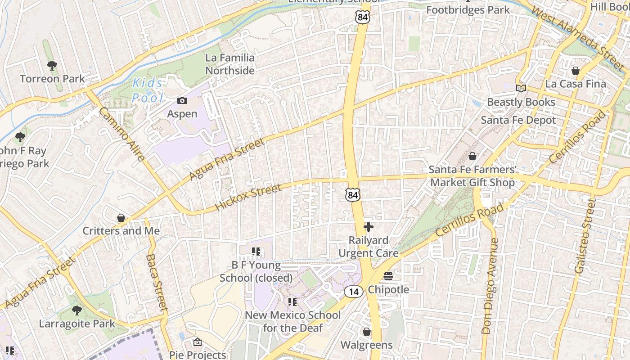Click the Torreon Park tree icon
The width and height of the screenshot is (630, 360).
pyautogui.click(x=52, y=66)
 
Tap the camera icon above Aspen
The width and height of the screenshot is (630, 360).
pyautogui.click(x=182, y=100)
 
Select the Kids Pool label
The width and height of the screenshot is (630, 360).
pyautogui.click(x=148, y=90)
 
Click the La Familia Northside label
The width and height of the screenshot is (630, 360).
pyautogui.click(x=230, y=64)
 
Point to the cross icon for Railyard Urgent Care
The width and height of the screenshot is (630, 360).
pyautogui.click(x=369, y=227)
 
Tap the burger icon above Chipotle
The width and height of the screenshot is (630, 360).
pyautogui.click(x=388, y=276)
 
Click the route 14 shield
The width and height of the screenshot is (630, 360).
pyautogui.click(x=354, y=292)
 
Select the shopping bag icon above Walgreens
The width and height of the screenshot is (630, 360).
pyautogui.click(x=367, y=332)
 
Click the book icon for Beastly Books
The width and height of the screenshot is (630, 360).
pyautogui.click(x=521, y=89)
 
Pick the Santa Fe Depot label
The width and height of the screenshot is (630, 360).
pyautogui.click(x=518, y=120)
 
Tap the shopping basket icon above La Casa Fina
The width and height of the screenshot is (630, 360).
pyautogui.click(x=575, y=71)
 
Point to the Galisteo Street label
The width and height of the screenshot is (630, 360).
pyautogui.click(x=585, y=236)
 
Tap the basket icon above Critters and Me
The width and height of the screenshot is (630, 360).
pyautogui.click(x=121, y=218)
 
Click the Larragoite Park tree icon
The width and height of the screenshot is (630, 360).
pyautogui.click(x=77, y=310)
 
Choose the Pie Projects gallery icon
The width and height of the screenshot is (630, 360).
pyautogui.click(x=198, y=342)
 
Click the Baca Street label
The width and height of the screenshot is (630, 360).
pyautogui.click(x=156, y=283)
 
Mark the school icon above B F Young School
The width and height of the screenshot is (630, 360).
pyautogui.click(x=256, y=252)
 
